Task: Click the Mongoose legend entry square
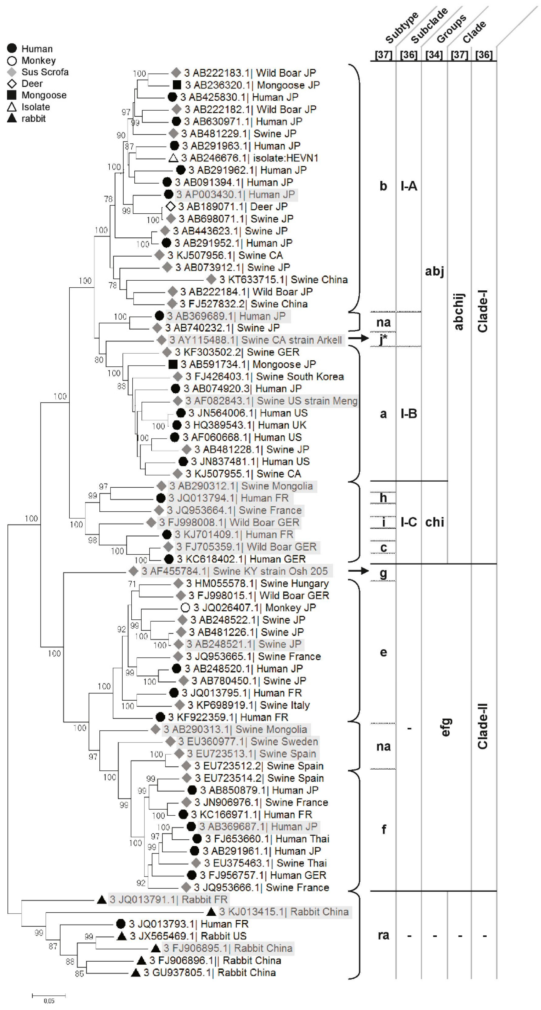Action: coord(12,95)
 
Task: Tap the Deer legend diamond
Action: coord(12,83)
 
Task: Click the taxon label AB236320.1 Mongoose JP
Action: coord(252,85)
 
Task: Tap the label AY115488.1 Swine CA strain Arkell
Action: coord(255,340)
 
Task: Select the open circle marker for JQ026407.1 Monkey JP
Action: coord(185,608)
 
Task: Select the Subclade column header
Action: coord(429,25)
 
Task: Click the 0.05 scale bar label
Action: coord(49,1001)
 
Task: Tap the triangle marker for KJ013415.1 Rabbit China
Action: coord(211,912)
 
